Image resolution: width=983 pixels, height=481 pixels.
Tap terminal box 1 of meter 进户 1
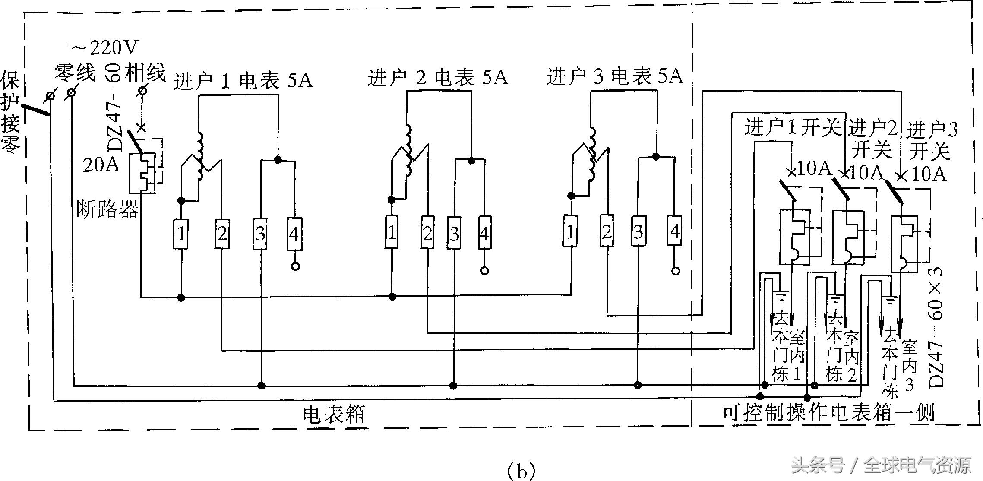[x=181, y=234]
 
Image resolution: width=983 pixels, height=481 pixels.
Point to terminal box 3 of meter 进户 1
[x=260, y=234]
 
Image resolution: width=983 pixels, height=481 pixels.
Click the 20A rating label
[x=101, y=165]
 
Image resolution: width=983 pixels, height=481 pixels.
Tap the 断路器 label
[x=107, y=210]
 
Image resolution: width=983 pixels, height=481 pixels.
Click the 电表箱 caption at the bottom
[x=334, y=415]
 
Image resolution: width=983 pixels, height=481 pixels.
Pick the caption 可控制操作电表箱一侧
[x=828, y=413]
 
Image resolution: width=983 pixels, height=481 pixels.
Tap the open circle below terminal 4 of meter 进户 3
[x=676, y=271]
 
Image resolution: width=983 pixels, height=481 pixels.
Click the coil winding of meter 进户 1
[x=200, y=155]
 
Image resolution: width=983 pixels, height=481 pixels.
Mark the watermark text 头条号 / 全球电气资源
[x=881, y=465]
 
